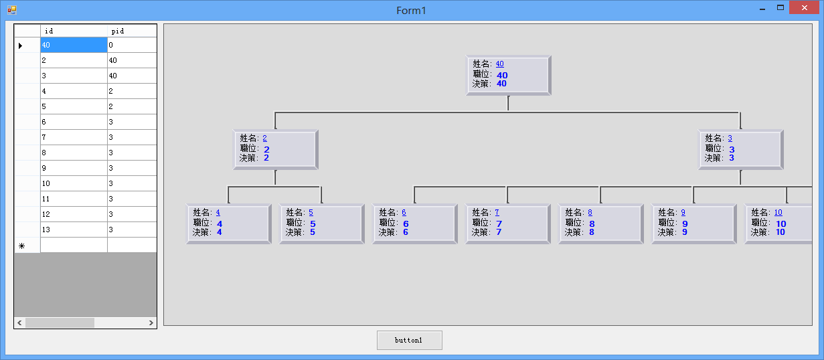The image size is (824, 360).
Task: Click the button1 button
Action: [410, 340]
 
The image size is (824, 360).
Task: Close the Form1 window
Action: [805, 8]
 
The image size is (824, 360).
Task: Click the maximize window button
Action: [780, 8]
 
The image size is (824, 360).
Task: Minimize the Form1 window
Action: [762, 9]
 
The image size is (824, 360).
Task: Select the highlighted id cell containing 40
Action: [74, 45]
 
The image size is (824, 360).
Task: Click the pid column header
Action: [132, 31]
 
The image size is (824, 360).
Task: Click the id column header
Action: [74, 31]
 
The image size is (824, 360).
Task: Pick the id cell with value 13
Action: [74, 230]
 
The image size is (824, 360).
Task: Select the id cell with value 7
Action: [74, 137]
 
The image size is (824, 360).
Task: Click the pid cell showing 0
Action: [132, 45]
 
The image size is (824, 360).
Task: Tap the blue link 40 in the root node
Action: [499, 64]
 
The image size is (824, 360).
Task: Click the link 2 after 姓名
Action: [264, 138]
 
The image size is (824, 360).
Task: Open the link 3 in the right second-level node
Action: [730, 138]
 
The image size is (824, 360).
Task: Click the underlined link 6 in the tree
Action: [404, 212]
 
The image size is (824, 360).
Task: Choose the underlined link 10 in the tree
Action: [778, 212]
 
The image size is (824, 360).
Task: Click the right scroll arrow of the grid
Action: [151, 323]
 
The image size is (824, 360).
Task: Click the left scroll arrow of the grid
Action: [19, 323]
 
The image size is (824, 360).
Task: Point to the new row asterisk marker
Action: [21, 246]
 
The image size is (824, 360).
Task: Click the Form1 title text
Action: [411, 10]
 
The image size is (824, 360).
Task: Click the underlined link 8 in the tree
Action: [590, 212]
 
